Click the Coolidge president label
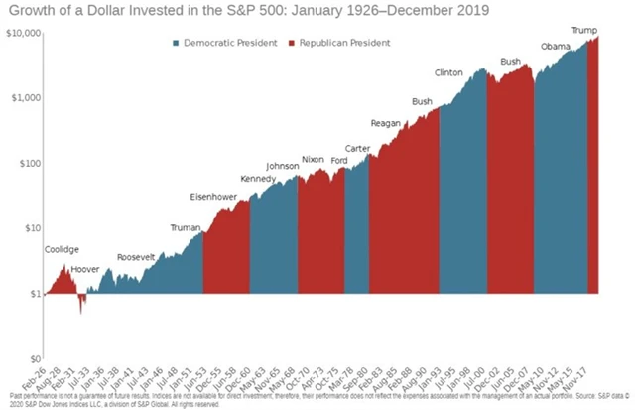pyautogui.click(x=63, y=249)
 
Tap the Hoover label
pyautogui.click(x=87, y=269)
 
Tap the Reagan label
pyautogui.click(x=384, y=123)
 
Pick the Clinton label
pyautogui.click(x=449, y=72)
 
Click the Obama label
pyautogui.click(x=556, y=47)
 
